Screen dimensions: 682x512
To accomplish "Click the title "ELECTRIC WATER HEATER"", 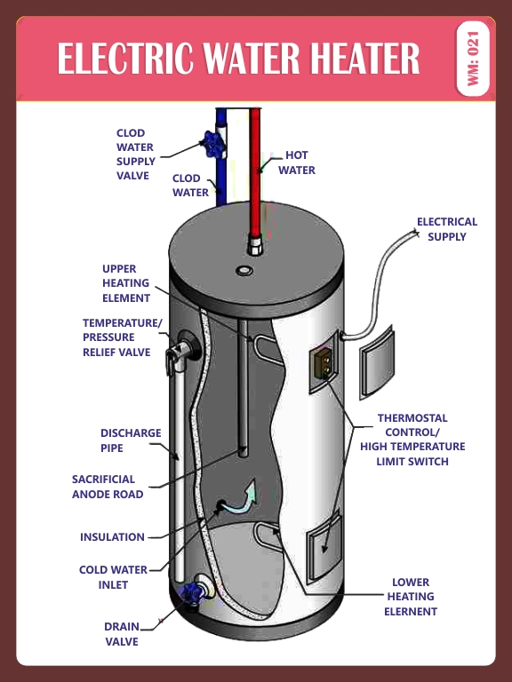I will pyautogui.click(x=238, y=59).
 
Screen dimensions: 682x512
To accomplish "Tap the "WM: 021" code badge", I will pyautogui.click(x=472, y=59).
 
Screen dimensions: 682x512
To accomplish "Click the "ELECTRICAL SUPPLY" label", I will pyautogui.click(x=447, y=229).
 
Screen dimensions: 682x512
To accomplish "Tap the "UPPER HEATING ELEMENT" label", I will pyautogui.click(x=126, y=283).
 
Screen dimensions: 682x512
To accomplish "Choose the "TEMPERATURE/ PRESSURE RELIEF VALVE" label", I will pyautogui.click(x=122, y=337).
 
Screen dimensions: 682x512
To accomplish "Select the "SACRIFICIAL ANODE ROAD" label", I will pyautogui.click(x=108, y=487).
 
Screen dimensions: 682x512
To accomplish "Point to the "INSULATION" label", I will pyautogui.click(x=112, y=537).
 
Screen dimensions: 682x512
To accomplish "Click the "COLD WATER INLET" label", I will pyautogui.click(x=113, y=577).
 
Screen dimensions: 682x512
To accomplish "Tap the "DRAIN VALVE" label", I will pyautogui.click(x=122, y=634).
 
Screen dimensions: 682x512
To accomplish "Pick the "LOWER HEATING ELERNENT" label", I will pyautogui.click(x=411, y=597).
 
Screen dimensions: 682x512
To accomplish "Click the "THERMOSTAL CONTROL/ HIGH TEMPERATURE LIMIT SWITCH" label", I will pyautogui.click(x=412, y=440).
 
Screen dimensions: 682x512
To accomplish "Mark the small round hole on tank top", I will pyautogui.click(x=244, y=269).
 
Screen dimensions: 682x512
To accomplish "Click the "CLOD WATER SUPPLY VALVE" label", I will pyautogui.click(x=136, y=155).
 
